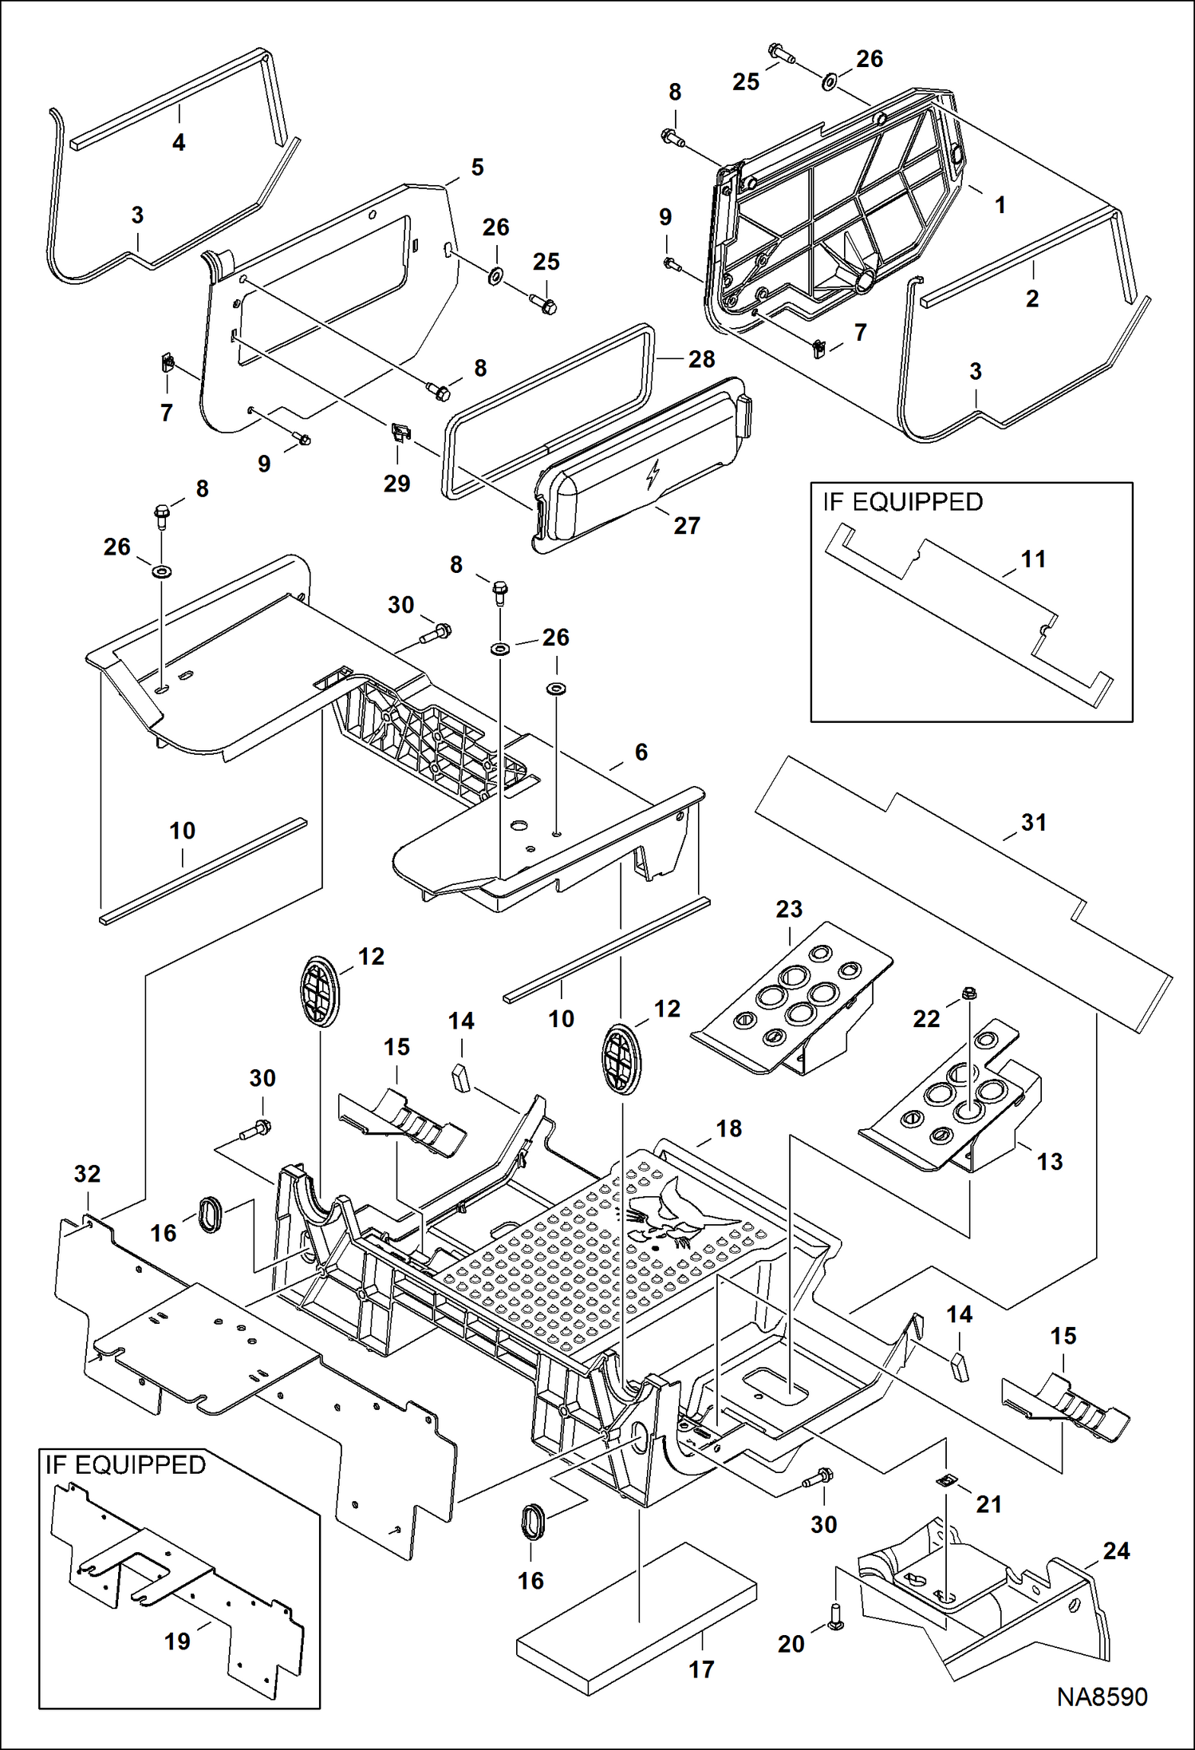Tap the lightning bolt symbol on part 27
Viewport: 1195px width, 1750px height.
(653, 476)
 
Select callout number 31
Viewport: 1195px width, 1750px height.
(1034, 823)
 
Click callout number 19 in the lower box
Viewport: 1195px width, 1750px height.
(177, 1641)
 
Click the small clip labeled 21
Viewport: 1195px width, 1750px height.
(946, 1481)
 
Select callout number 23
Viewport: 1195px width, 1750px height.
(789, 909)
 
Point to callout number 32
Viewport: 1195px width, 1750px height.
(87, 1174)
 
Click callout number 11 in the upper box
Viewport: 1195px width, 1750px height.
(1034, 559)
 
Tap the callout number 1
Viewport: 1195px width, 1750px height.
(1000, 205)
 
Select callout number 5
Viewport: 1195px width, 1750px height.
(477, 168)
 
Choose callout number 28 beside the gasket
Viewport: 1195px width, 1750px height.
(701, 359)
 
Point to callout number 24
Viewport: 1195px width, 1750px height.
(1116, 1551)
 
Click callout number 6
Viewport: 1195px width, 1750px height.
(641, 752)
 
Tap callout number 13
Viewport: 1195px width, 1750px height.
(1050, 1162)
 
